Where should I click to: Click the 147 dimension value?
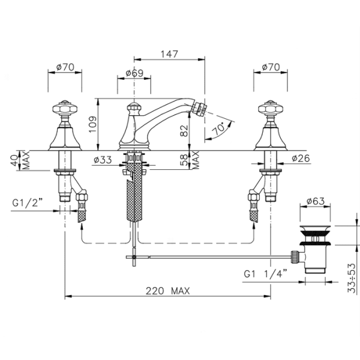[x=169, y=54]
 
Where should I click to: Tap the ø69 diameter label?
[x=134, y=73]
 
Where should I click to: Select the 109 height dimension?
[x=92, y=124]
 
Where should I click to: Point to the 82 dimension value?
[x=184, y=131]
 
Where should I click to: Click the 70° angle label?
[x=218, y=129]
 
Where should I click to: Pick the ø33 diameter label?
[x=103, y=160]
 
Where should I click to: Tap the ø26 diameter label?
[x=301, y=158]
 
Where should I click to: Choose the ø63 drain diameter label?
[x=316, y=201]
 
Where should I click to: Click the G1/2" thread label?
[x=28, y=203]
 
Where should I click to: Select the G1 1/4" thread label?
[x=265, y=274]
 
